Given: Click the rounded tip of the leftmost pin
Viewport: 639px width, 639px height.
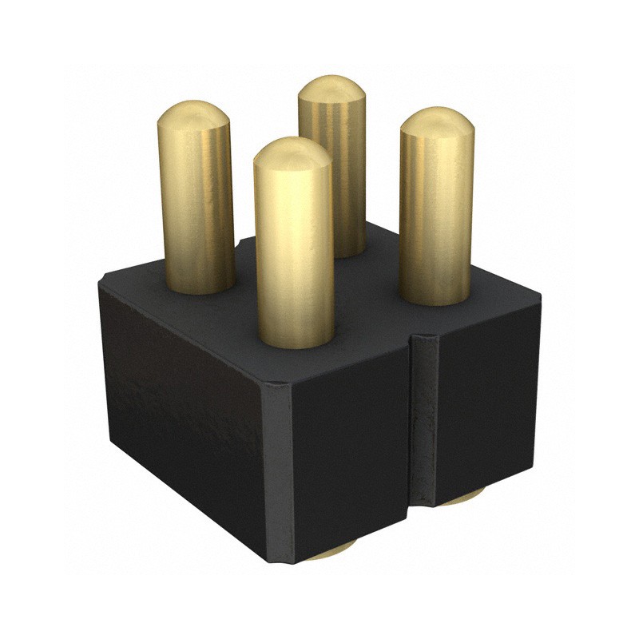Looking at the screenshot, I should click(x=192, y=116).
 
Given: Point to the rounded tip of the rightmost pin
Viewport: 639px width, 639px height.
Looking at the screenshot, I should click(x=437, y=122).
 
